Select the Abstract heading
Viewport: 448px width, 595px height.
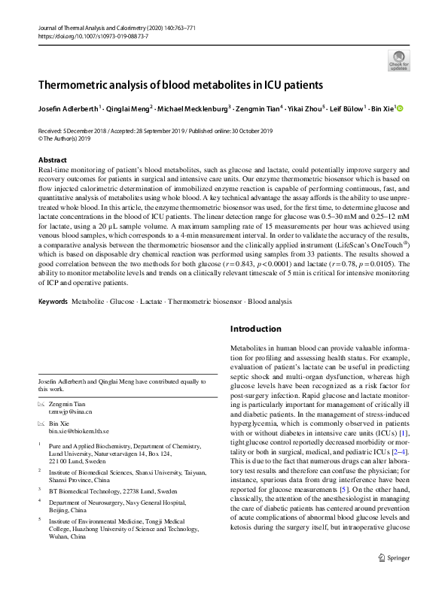point(52,160)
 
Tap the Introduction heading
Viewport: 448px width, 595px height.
point(254,329)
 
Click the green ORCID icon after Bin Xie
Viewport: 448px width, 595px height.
point(401,109)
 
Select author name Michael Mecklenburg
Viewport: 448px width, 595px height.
point(192,109)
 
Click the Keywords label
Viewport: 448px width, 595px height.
point(52,301)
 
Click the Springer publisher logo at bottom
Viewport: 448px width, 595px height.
point(393,579)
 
